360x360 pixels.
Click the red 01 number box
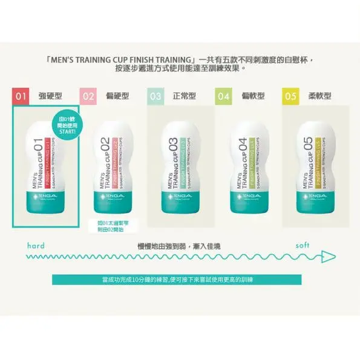click(21, 96)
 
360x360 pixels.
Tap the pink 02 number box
click(89, 96)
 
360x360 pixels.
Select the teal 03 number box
click(155, 96)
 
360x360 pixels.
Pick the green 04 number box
click(224, 96)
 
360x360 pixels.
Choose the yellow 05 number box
click(290, 96)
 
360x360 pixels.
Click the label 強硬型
click(50, 96)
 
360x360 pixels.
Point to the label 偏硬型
click(117, 96)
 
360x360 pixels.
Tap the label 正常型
click(184, 96)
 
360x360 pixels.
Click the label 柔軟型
click(318, 96)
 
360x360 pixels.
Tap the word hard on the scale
click(37, 246)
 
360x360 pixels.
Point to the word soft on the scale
click(303, 246)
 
